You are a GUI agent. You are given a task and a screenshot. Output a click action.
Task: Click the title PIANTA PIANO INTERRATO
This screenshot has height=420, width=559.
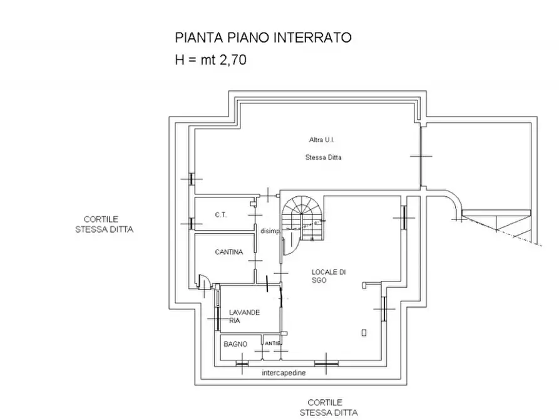262,38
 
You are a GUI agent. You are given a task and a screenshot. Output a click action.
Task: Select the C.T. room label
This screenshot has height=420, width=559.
220,214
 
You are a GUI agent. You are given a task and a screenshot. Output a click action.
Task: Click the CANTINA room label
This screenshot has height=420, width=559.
228,252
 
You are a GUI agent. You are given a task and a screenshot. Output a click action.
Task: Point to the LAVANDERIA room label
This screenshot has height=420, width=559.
244,316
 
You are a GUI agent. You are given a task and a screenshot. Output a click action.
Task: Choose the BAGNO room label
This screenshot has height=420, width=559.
235,344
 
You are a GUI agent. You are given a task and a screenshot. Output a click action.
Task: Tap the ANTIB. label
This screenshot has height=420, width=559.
272,344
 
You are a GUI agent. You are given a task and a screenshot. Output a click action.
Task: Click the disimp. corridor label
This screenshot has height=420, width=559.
270,231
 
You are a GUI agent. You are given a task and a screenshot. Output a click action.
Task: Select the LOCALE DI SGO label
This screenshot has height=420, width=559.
329,276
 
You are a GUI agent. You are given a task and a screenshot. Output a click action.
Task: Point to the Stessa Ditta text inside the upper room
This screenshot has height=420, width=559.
323,157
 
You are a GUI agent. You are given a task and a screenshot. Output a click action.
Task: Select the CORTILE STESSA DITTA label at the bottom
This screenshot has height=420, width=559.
328,407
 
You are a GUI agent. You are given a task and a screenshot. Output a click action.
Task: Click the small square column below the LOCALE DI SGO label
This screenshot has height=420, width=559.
364,332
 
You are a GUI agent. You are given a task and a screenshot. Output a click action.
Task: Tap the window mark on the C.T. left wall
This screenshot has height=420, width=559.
191,223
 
